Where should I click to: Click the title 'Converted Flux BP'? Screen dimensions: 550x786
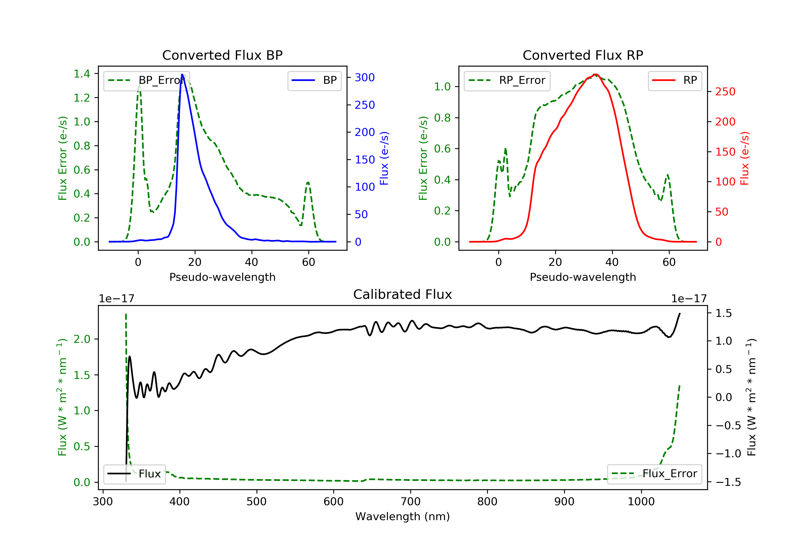tap(222, 55)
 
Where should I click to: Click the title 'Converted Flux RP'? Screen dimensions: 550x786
tap(583, 55)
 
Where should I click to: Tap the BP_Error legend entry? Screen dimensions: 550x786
tap(146, 80)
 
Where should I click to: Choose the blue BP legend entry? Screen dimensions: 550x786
tap(314, 80)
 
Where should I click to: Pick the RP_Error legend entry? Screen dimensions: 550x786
tap(507, 80)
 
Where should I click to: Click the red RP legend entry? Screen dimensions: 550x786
tap(674, 80)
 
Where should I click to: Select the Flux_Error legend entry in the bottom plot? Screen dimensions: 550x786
tap(654, 474)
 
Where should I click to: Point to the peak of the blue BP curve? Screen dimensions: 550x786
tap(182, 74)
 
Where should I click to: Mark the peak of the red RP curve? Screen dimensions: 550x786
tap(595, 74)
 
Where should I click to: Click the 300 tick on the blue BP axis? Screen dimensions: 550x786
tap(365, 77)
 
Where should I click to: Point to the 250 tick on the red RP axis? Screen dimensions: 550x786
tap(725, 92)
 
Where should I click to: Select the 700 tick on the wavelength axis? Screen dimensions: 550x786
tap(411, 501)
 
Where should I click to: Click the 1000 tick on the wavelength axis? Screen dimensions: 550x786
tap(641, 501)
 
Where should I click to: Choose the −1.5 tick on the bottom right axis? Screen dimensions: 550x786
tap(728, 482)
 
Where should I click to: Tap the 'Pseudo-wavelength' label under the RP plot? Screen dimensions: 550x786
tap(583, 277)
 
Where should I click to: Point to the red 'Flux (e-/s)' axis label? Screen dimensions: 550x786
tap(744, 158)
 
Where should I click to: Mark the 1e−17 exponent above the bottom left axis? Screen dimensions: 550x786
tap(116, 299)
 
